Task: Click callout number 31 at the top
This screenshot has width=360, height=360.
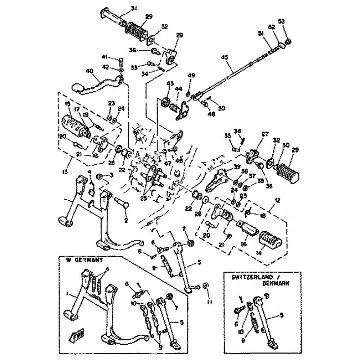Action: [134, 8]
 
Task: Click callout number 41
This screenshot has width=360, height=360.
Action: [105, 57]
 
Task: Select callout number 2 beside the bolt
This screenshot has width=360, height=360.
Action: [126, 220]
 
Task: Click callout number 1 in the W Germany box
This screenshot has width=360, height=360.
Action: [67, 293]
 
